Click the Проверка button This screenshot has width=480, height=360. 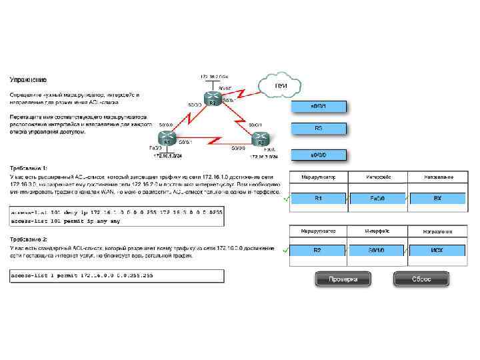[x=342, y=279]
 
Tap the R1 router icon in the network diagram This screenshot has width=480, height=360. [x=167, y=141]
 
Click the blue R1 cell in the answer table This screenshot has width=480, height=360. [x=318, y=198]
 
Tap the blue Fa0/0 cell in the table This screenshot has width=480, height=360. [x=377, y=198]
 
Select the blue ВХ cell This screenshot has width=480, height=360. [x=437, y=198]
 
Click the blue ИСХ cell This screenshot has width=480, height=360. [x=437, y=251]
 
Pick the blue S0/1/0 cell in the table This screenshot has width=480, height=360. [x=377, y=251]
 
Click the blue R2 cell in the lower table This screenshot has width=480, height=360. [x=318, y=251]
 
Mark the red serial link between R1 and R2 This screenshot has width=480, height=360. [x=213, y=141]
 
